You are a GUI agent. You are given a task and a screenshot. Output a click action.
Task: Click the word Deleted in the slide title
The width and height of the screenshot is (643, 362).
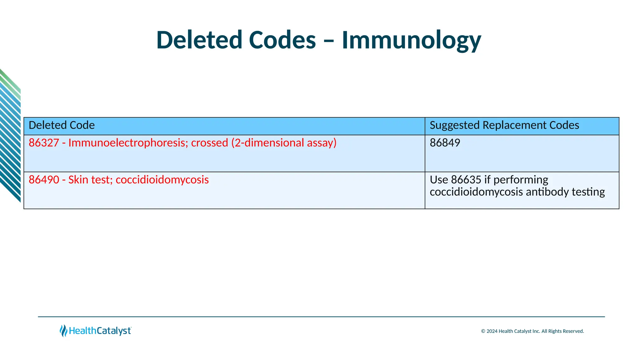(x=199, y=40)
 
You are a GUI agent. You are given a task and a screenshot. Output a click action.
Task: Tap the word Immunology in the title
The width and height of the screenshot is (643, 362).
(x=411, y=40)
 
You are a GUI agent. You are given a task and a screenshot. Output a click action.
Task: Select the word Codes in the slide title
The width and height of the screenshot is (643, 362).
(x=282, y=40)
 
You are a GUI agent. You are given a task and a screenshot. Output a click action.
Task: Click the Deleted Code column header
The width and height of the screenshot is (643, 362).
(x=62, y=125)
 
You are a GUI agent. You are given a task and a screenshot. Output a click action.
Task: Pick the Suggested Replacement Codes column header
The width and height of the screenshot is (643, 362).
(x=504, y=125)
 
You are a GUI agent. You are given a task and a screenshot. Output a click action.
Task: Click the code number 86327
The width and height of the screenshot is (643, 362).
(x=44, y=143)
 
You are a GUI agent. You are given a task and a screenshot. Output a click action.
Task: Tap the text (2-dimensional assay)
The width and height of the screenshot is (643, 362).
(x=284, y=143)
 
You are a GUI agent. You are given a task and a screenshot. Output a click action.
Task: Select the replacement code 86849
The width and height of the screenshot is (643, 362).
(x=445, y=143)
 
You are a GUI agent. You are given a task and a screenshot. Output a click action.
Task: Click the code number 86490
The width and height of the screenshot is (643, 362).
(x=44, y=180)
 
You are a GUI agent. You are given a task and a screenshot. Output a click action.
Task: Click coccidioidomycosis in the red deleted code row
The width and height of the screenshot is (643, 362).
(x=162, y=180)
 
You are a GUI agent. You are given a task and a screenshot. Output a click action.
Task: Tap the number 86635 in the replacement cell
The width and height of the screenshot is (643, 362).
(x=466, y=180)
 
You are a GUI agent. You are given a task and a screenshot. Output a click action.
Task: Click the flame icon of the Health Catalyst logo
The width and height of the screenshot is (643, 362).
(x=63, y=331)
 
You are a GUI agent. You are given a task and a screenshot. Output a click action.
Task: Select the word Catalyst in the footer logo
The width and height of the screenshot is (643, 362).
(x=114, y=331)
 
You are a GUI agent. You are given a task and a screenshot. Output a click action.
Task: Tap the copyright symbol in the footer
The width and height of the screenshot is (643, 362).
(x=483, y=331)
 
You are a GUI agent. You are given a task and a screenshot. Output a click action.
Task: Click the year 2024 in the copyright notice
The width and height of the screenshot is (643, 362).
(x=492, y=331)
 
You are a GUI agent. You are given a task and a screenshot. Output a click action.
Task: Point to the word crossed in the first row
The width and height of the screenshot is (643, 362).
(x=209, y=143)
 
